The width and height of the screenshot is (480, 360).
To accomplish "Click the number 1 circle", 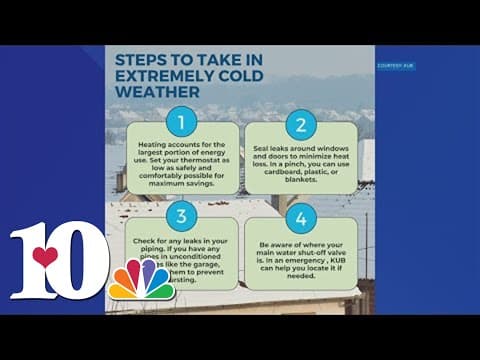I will click(182, 125).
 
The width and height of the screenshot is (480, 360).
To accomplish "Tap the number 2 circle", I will click(299, 125).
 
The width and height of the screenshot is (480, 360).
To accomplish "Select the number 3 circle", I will click(182, 216).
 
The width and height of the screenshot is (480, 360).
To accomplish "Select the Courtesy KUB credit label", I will click(396, 66).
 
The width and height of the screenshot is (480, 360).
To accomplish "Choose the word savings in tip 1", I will click(207, 181).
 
